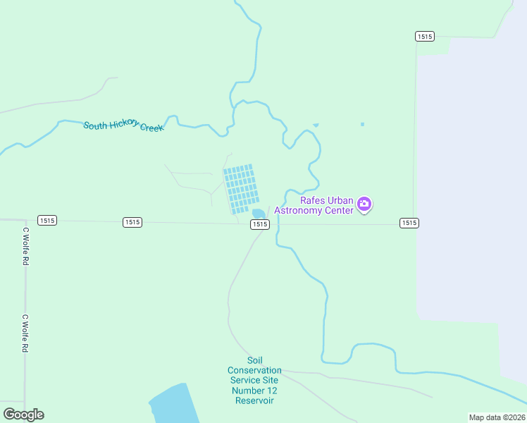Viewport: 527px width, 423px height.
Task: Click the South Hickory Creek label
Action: click(x=123, y=127)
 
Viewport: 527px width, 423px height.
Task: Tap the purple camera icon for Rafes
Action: click(x=364, y=204)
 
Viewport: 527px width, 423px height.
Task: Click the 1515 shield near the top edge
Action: click(x=424, y=37)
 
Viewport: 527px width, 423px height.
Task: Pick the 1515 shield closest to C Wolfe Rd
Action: click(x=47, y=221)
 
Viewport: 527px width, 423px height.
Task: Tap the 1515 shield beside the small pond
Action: click(x=259, y=224)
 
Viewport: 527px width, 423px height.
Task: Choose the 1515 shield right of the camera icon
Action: click(x=409, y=223)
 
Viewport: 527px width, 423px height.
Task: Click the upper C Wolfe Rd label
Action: click(x=25, y=245)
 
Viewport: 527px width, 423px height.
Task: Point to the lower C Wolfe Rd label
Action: click(x=25, y=333)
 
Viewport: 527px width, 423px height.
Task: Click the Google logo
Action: click(x=23, y=415)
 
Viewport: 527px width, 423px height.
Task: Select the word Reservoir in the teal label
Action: click(x=254, y=400)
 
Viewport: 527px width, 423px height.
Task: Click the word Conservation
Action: click(x=254, y=370)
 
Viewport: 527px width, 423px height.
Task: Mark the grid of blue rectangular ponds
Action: click(x=241, y=189)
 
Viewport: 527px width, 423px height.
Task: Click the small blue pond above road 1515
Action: click(x=259, y=214)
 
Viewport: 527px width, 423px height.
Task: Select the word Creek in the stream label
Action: click(x=151, y=128)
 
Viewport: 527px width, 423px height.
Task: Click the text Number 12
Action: click(x=254, y=391)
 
